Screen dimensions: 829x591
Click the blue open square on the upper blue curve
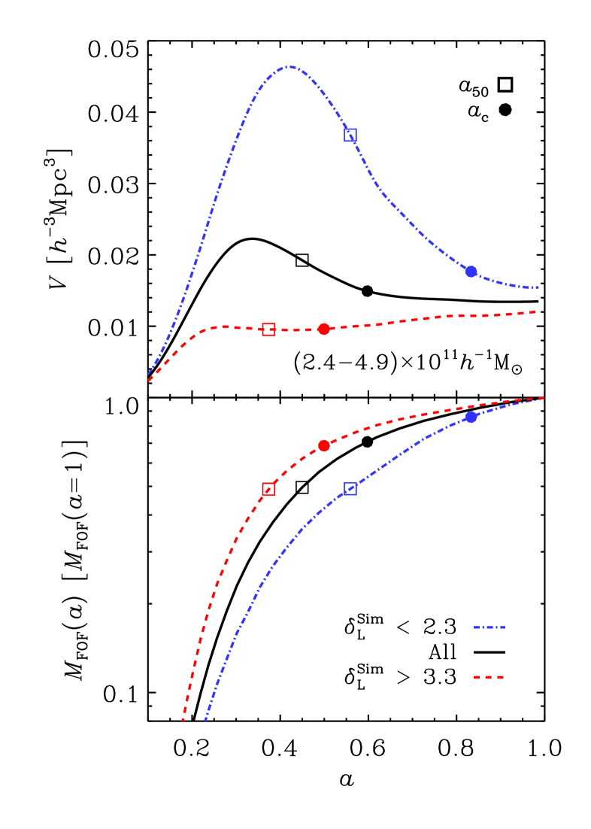(x=350, y=135)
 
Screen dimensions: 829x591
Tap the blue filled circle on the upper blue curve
(x=471, y=272)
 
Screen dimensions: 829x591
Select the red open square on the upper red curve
(x=268, y=329)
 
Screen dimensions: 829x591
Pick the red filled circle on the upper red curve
(x=324, y=329)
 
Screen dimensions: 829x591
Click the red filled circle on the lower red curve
(x=324, y=445)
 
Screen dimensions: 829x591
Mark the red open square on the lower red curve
(x=268, y=489)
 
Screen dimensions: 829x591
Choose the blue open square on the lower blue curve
(x=350, y=488)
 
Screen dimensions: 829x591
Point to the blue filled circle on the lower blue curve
(x=471, y=417)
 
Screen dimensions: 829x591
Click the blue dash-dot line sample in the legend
(x=489, y=627)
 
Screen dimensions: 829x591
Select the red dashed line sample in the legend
(x=489, y=677)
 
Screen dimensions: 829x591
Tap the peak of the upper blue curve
(x=289, y=67)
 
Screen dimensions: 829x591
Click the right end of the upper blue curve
(x=538, y=287)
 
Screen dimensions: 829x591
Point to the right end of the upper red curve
(x=535, y=311)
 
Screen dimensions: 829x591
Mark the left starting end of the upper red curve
(x=149, y=381)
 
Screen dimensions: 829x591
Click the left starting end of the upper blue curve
(x=148, y=374)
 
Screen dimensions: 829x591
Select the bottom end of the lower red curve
(x=183, y=720)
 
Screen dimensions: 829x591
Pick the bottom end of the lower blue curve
(x=205, y=720)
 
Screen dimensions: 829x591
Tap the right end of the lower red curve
(x=543, y=397)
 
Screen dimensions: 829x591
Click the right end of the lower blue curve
(x=543, y=399)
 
